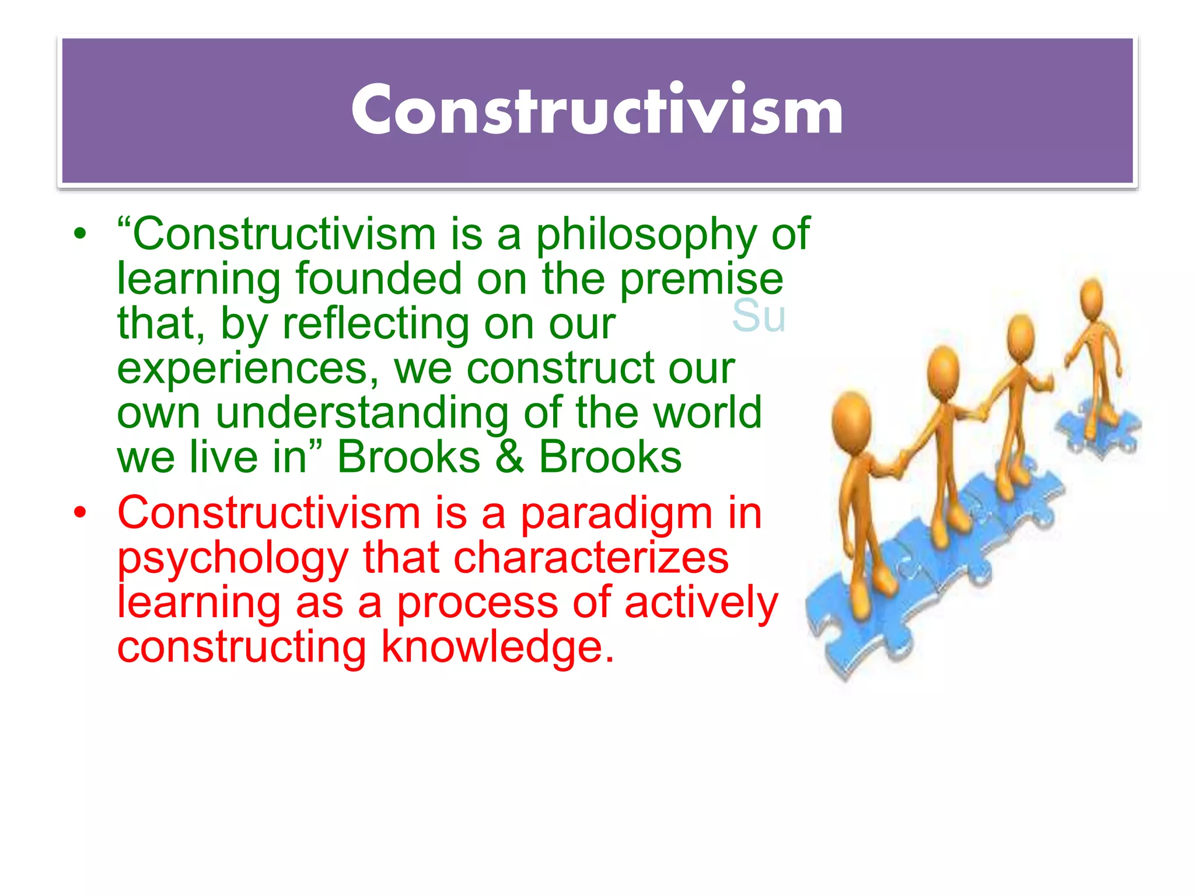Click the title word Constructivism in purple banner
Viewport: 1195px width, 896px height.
click(x=597, y=110)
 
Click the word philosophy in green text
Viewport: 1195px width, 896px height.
click(x=646, y=235)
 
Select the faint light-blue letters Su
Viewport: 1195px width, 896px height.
click(x=758, y=316)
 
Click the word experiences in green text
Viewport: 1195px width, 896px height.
click(x=248, y=369)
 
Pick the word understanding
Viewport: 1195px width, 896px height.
click(x=362, y=413)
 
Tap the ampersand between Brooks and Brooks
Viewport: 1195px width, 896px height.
click(x=509, y=457)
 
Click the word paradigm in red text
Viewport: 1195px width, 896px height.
click(x=616, y=514)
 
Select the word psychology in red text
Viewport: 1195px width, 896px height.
click(x=233, y=559)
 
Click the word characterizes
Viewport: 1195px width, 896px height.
click(x=590, y=558)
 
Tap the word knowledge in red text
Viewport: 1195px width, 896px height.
click(x=497, y=647)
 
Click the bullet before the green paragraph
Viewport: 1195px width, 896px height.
click(x=80, y=235)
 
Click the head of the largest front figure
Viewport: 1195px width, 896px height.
click(x=852, y=418)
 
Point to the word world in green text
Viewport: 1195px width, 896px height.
click(x=707, y=413)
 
